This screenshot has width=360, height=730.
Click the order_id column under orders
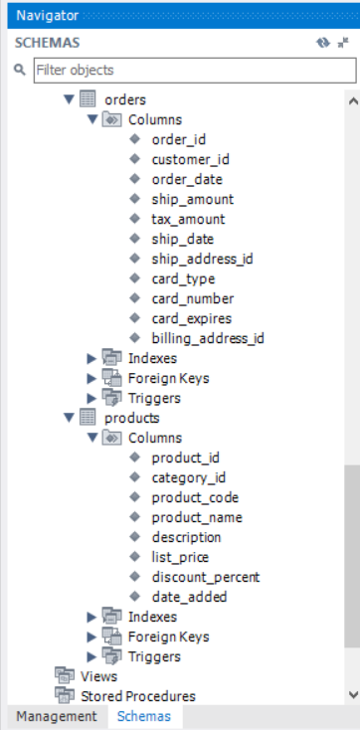click(178, 139)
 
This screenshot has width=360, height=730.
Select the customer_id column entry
click(190, 159)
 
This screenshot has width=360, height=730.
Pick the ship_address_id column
click(202, 259)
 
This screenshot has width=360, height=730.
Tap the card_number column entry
click(193, 298)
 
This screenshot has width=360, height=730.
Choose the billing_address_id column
click(207, 338)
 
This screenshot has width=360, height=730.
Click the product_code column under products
click(195, 497)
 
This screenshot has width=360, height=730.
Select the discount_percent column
click(205, 577)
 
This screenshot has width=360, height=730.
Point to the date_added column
click(189, 597)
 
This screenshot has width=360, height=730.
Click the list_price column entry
click(180, 557)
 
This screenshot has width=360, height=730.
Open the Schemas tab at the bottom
click(144, 716)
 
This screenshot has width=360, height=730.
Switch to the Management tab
click(56, 716)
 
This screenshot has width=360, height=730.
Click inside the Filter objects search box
click(193, 71)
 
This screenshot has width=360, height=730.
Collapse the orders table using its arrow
click(69, 99)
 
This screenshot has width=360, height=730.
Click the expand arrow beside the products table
click(69, 418)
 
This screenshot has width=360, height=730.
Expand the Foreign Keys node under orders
click(92, 378)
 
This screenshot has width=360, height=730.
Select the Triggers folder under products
click(154, 656)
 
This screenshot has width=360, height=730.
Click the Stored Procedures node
click(137, 696)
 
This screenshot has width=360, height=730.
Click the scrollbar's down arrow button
click(351, 693)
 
